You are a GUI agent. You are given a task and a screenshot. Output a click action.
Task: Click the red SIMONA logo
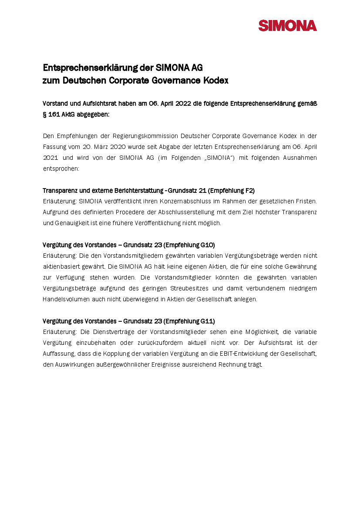tap(287, 26)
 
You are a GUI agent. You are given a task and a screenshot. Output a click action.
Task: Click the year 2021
tap(51, 158)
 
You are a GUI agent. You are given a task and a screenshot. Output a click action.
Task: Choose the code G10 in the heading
tap(207, 245)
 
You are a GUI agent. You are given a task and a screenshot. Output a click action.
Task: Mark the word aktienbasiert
tap(61, 266)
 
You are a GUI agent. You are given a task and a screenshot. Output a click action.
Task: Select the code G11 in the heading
tap(207, 321)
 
